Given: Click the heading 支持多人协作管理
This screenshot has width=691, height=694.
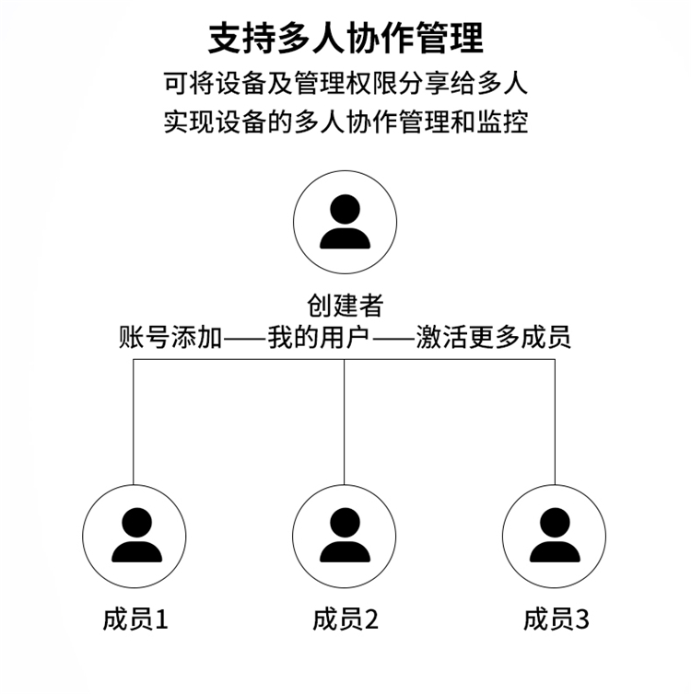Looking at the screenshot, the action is pos(345,39).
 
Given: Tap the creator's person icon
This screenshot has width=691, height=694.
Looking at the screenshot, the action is pos(345,222).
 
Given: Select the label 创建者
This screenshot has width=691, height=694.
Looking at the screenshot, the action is pos(345,306).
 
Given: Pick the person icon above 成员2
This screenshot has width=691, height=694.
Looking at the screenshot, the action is pos(345,536).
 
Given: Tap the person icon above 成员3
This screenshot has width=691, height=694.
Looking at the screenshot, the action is pos(554,536).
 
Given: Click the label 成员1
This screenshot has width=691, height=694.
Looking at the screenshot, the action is pos(135,619).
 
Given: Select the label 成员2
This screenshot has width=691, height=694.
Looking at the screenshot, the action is pos(345,619).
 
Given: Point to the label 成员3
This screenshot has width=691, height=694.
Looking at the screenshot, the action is pos(556,619).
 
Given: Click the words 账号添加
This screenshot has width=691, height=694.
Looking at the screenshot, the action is pos(170,337).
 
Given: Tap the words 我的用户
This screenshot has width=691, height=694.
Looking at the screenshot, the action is pos(319,337).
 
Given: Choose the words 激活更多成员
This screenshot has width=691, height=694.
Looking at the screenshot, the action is pos(494,337).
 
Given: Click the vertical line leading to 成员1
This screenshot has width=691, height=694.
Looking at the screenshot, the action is pos(134,422).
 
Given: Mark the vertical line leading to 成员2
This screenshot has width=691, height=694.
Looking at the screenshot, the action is pos(345,422).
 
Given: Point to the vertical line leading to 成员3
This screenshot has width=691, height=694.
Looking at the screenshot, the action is pos(555,422).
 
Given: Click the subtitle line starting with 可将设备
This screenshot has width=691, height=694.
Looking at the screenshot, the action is pos(345,83).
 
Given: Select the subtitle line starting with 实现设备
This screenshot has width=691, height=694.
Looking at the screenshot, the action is pos(345,121).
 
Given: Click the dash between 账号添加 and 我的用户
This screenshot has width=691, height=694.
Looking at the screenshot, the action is pos(245,339).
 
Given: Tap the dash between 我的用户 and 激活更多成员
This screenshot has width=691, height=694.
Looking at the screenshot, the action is pos(393,339).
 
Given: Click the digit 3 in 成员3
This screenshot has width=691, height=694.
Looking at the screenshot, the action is pos(582,619).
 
